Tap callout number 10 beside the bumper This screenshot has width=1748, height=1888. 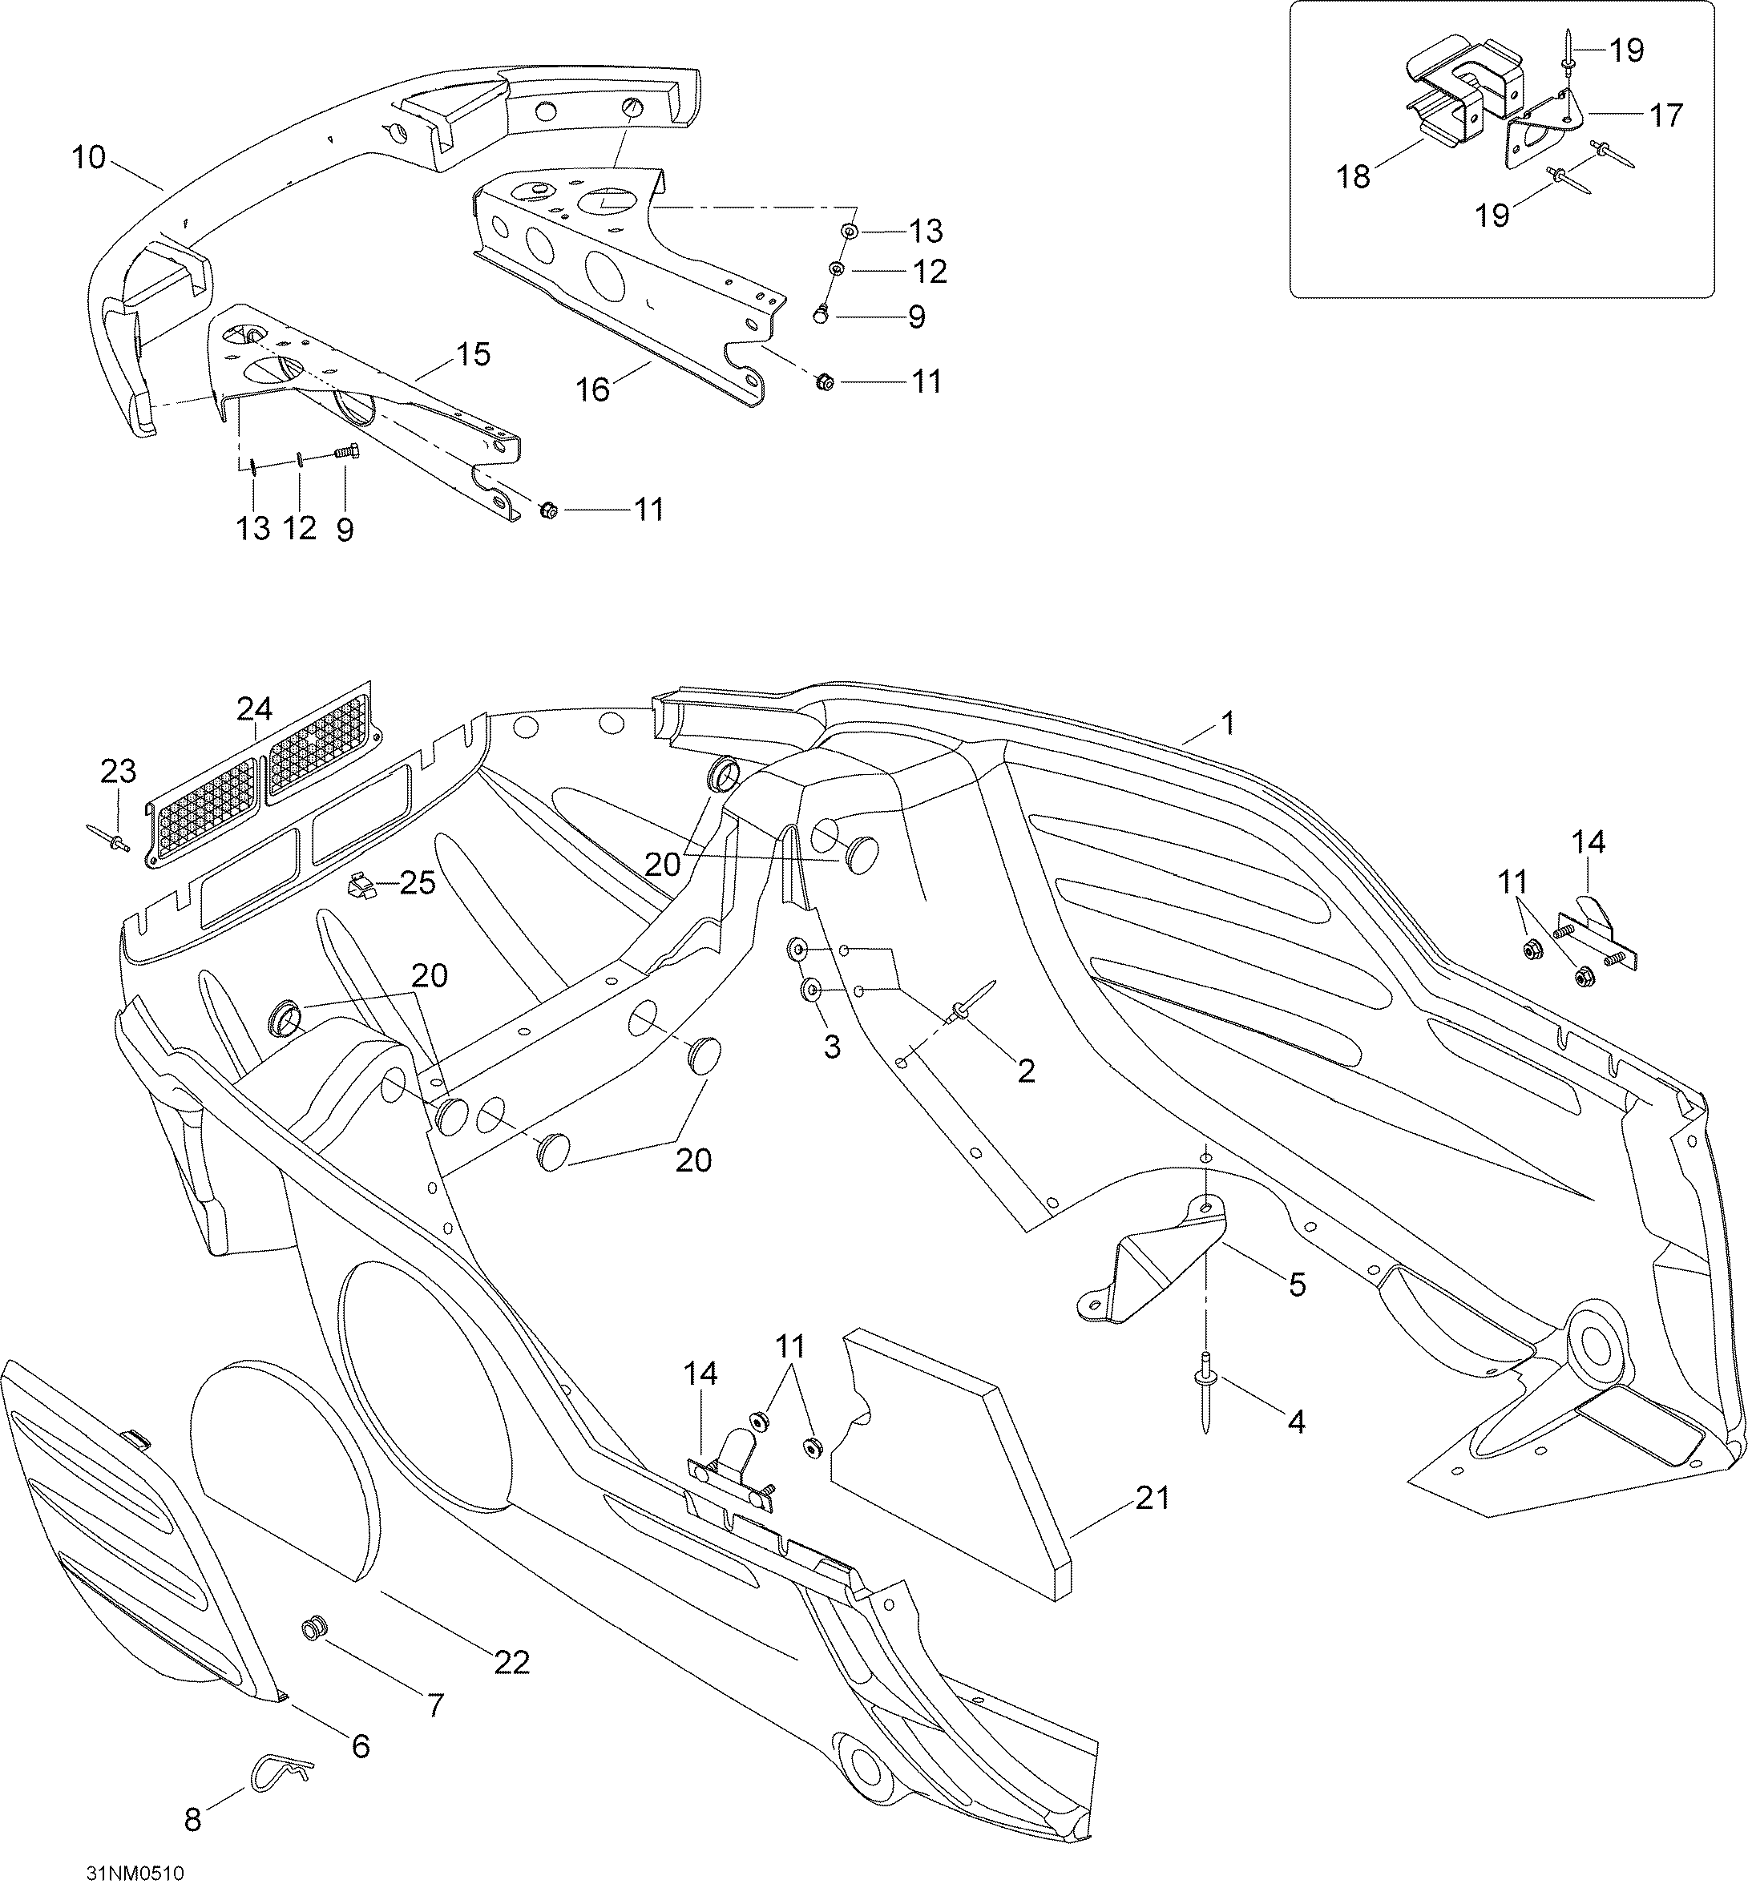(x=88, y=158)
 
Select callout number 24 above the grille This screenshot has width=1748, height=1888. (x=254, y=708)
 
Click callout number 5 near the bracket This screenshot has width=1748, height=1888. (x=1296, y=1285)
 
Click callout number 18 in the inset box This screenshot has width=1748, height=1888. (x=1354, y=177)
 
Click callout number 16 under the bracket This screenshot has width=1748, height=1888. (x=593, y=389)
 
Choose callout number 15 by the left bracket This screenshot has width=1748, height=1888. (x=473, y=355)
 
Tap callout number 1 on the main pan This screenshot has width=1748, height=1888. (x=1228, y=724)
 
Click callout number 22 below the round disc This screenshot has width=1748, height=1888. (x=511, y=1663)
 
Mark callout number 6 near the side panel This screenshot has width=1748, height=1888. (x=361, y=1746)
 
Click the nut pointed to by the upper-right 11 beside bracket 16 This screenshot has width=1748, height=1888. (x=823, y=382)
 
